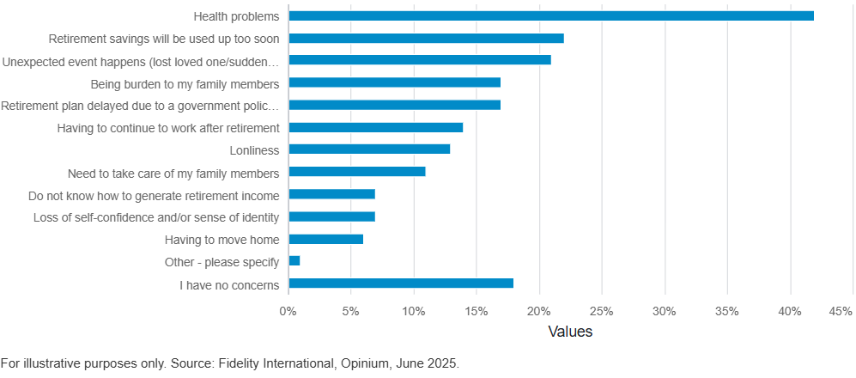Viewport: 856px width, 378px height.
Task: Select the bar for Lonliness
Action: pyautogui.click(x=369, y=149)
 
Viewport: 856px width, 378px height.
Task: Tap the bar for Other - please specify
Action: pyautogui.click(x=294, y=261)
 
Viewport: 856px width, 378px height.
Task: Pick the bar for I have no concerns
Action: pyautogui.click(x=401, y=283)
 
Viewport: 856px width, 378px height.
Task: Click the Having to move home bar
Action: pyautogui.click(x=326, y=239)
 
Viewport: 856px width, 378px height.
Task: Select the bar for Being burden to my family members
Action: pyautogui.click(x=395, y=82)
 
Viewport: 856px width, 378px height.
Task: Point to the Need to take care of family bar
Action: pyautogui.click(x=357, y=172)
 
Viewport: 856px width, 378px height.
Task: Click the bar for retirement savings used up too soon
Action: pyautogui.click(x=427, y=38)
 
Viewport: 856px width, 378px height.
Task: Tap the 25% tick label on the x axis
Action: pyautogui.click(x=602, y=310)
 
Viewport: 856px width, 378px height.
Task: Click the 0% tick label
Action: pyautogui.click(x=288, y=310)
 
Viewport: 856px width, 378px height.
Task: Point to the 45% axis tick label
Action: pyautogui.click(x=840, y=310)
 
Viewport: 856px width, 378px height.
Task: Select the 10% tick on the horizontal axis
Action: pyautogui.click(x=414, y=310)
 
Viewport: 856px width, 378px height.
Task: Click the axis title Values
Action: pyautogui.click(x=570, y=332)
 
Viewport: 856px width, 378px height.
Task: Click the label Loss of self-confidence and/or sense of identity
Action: pyautogui.click(x=156, y=217)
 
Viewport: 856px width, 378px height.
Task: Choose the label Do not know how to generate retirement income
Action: pyautogui.click(x=154, y=195)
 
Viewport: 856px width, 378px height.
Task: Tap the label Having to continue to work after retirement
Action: pyautogui.click(x=168, y=128)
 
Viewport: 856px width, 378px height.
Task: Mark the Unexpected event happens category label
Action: pyautogui.click(x=142, y=61)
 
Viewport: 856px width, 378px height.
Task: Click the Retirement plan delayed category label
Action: pyautogui.click(x=140, y=106)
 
